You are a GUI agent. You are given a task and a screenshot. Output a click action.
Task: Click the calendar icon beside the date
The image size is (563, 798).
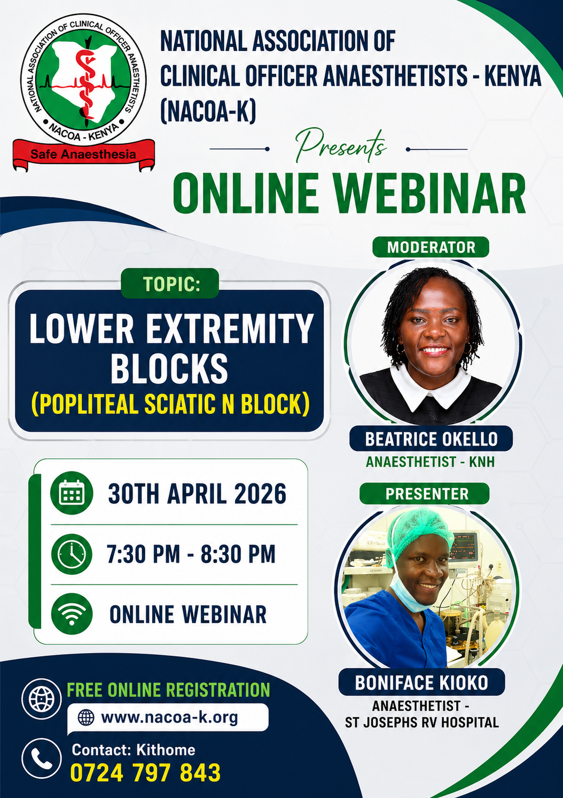pyautogui.click(x=72, y=493)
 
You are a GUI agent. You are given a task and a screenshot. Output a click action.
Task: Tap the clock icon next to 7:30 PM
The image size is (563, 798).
pyautogui.click(x=72, y=554)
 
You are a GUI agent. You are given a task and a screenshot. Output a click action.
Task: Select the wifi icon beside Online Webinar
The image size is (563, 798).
pyautogui.click(x=72, y=614)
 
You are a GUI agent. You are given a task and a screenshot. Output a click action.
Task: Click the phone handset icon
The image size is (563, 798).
pyautogui.click(x=42, y=758)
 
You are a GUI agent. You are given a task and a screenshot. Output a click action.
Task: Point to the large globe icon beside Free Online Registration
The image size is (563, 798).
pyautogui.click(x=42, y=698)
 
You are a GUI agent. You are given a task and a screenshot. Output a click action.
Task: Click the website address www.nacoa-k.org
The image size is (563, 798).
pyautogui.click(x=169, y=717)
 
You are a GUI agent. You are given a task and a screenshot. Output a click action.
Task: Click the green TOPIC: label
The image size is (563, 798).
pyautogui.click(x=170, y=284)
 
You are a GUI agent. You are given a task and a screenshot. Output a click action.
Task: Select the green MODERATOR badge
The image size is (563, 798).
pyautogui.click(x=431, y=247)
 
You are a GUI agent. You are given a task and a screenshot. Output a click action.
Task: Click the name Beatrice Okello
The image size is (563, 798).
pyautogui.click(x=431, y=439)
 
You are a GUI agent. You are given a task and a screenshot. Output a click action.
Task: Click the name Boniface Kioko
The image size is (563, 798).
pyautogui.click(x=421, y=683)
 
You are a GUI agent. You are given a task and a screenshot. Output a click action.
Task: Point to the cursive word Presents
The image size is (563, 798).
pyautogui.click(x=341, y=146)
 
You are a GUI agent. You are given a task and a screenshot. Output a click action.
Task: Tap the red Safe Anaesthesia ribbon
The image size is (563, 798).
pyautogui.click(x=83, y=155)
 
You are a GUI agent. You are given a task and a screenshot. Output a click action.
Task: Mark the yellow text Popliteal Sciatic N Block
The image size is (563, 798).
pyautogui.click(x=170, y=404)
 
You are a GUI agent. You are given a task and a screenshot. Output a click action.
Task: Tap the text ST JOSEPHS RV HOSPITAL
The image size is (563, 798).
pyautogui.click(x=421, y=723)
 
